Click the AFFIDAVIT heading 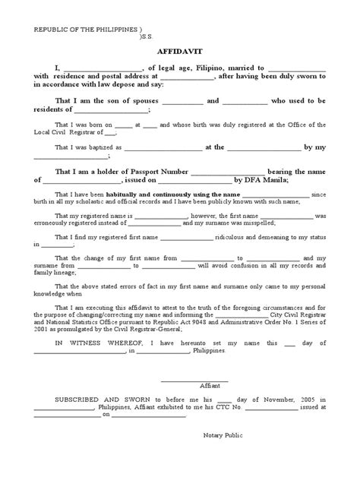[179, 54]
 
